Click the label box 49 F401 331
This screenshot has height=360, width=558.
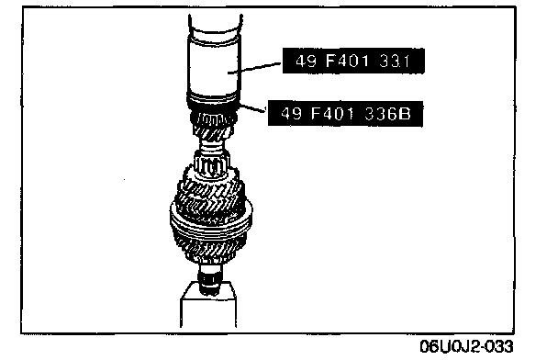click(353, 61)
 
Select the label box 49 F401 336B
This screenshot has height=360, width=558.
click(345, 114)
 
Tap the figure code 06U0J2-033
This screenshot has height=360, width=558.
click(466, 346)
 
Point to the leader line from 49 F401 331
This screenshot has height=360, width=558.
click(255, 68)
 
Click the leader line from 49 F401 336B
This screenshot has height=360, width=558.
click(253, 107)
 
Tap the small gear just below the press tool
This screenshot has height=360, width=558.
click(213, 125)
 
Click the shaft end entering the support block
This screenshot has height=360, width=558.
click(211, 280)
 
